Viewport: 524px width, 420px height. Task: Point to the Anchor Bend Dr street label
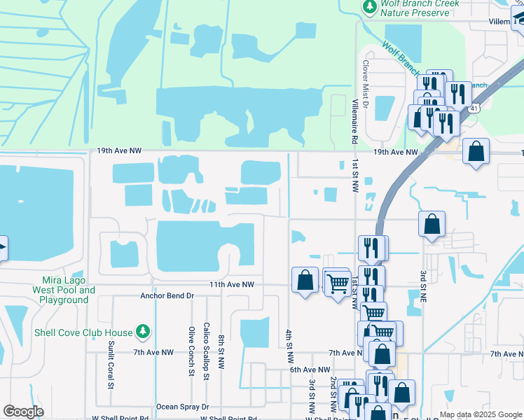166,295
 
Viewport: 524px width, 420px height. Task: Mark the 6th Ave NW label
310,369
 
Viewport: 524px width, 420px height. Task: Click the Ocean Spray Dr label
182,406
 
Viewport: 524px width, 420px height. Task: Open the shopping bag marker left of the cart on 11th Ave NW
305,280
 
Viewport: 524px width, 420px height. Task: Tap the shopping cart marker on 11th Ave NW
337,283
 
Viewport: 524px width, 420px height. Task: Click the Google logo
23,412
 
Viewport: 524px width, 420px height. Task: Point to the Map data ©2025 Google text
480,414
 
